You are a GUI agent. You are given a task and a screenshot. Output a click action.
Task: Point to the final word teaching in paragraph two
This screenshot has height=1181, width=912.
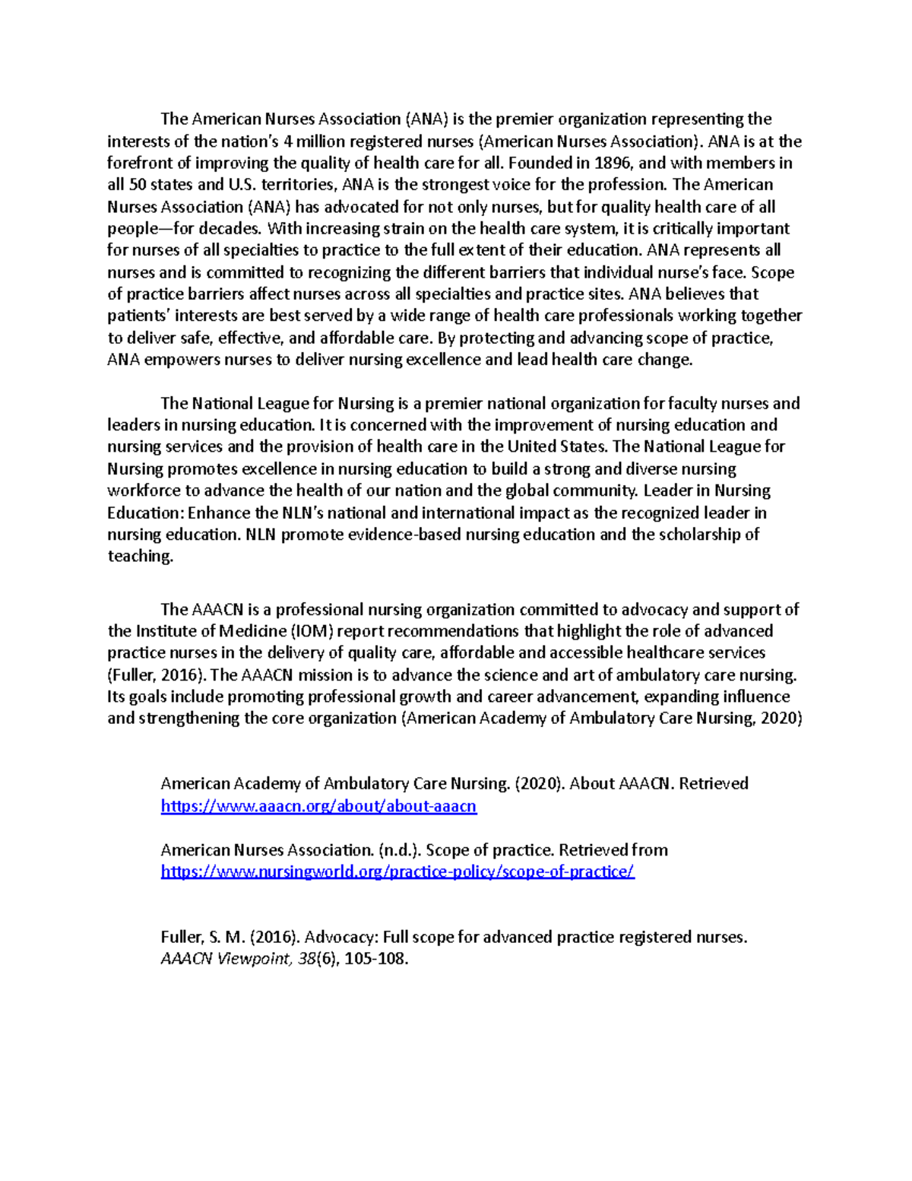pyautogui.click(x=140, y=556)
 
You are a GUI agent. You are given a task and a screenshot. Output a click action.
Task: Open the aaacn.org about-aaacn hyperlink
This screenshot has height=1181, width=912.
pyautogui.click(x=318, y=806)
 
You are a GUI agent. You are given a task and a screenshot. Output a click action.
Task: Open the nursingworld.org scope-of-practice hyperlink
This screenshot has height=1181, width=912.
pyautogui.click(x=397, y=871)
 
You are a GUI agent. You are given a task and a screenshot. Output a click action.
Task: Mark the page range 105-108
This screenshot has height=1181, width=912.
pyautogui.click(x=375, y=959)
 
